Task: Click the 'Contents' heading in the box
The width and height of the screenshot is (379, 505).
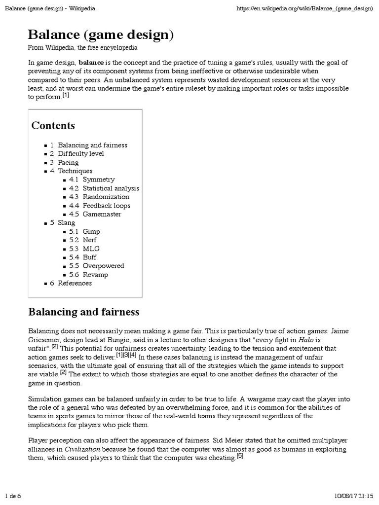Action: (53, 125)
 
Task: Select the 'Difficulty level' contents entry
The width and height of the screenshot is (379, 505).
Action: (80, 154)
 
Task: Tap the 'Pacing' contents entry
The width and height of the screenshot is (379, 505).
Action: (68, 162)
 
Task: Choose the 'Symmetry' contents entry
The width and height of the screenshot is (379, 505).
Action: (98, 180)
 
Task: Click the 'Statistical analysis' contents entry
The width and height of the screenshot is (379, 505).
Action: (111, 188)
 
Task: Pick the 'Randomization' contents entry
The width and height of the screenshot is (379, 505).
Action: (106, 197)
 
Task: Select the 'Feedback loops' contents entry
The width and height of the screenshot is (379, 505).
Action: (106, 206)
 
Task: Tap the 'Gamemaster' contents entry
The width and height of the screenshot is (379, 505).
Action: (102, 214)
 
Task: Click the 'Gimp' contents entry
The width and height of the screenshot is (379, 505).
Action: (91, 231)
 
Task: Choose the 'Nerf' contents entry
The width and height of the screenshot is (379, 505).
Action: (90, 240)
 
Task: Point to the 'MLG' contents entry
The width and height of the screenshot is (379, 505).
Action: (91, 249)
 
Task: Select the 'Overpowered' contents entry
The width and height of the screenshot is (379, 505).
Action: (103, 266)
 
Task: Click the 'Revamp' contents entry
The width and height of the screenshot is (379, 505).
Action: (95, 275)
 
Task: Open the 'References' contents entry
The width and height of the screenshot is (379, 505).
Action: (75, 283)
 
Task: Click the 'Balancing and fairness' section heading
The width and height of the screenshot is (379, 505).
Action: (84, 312)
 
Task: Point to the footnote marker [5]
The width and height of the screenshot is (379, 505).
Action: (240, 456)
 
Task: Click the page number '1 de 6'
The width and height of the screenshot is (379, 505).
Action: (13, 495)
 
